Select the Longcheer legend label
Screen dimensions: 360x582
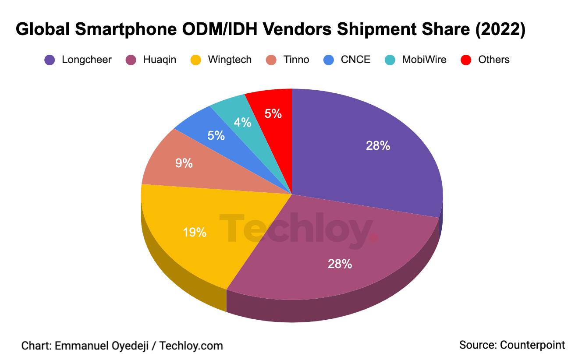[x=87, y=60]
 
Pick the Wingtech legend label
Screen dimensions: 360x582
[x=230, y=60]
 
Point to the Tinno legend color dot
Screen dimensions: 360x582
[x=272, y=60]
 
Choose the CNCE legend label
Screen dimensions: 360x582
[x=355, y=60]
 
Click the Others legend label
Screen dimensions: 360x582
[x=494, y=60]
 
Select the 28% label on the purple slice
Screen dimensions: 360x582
[x=378, y=146]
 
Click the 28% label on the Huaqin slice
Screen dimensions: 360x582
[x=340, y=264]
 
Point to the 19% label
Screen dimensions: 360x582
[x=195, y=232]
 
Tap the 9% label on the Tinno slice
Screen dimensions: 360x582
[x=184, y=163]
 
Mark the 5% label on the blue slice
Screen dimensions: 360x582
[x=216, y=136]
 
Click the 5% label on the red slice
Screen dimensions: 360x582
[x=273, y=114]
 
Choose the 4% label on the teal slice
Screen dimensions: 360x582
[x=242, y=123]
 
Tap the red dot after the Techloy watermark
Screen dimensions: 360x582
[x=374, y=238]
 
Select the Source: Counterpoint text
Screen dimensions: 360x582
[x=512, y=345]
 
